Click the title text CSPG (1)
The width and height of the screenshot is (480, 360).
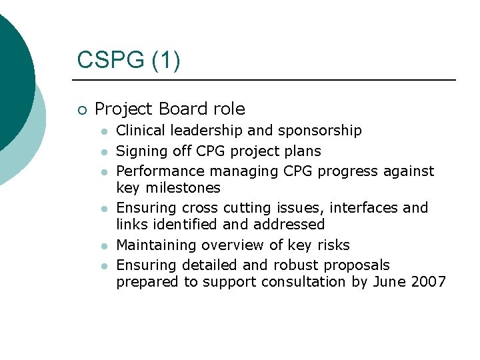pos(128,60)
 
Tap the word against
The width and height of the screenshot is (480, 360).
pos(409,171)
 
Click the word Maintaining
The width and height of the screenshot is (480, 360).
pos(157,245)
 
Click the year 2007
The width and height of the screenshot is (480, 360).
pos(429,282)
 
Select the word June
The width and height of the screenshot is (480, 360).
pos(389,282)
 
